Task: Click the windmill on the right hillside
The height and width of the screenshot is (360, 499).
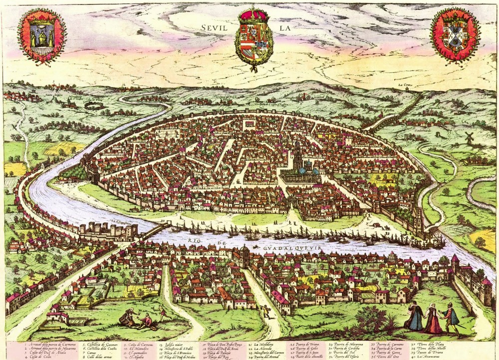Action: click(x=470, y=138)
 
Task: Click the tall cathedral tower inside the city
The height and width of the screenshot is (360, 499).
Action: click(x=297, y=154)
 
